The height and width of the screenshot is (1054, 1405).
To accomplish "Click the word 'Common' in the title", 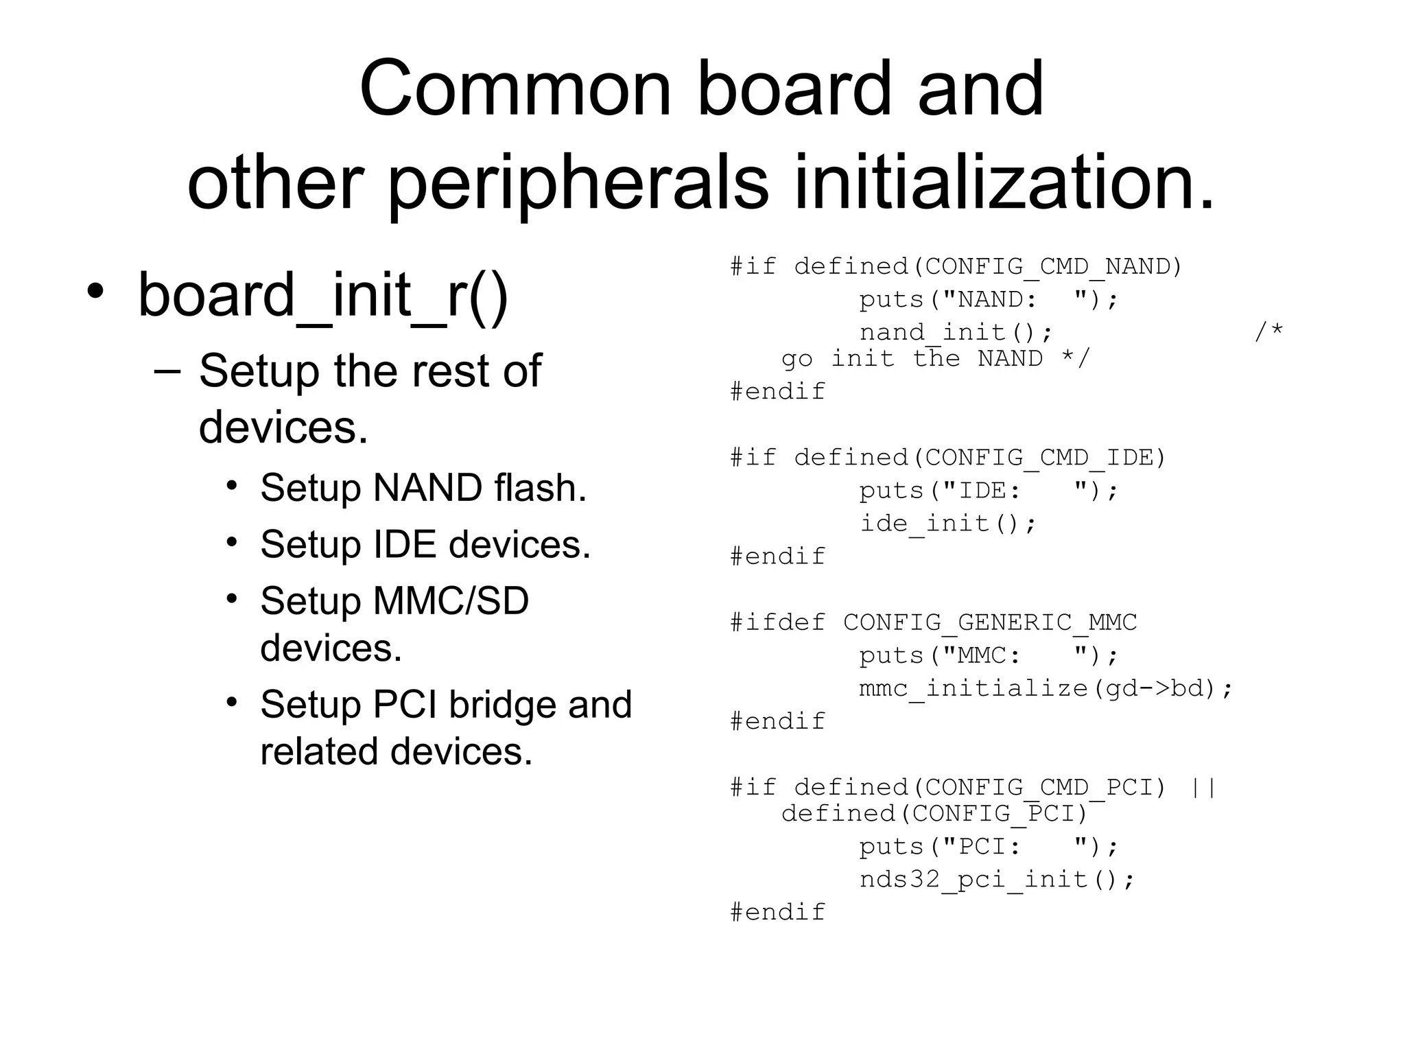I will (515, 89).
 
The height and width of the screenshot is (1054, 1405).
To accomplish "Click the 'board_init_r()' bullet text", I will (323, 296).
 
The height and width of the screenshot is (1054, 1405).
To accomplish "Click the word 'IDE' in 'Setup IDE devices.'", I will (405, 544).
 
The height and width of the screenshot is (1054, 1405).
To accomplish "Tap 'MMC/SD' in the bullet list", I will (451, 600).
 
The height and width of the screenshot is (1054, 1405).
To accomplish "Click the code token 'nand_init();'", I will (956, 333).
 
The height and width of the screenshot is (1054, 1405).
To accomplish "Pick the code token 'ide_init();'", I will (947, 524).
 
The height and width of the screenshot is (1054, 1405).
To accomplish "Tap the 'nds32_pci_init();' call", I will (997, 880).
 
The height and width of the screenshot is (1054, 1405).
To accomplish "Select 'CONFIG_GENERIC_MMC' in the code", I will (989, 622).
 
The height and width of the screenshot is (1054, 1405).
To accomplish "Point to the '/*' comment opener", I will (1268, 333).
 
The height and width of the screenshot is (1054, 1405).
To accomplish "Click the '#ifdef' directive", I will (777, 622).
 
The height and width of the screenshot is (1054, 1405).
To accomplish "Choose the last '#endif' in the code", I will (777, 913).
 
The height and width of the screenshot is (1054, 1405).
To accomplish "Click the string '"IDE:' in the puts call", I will (980, 491).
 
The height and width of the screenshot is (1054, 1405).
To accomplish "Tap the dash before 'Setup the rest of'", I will (167, 371).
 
